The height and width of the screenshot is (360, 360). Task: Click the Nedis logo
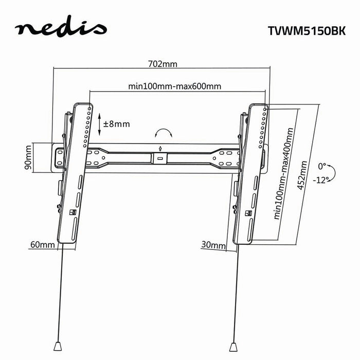pos(61,29)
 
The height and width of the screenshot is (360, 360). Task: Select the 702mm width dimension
pos(162,64)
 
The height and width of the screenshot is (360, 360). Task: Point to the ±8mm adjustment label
pos(116,124)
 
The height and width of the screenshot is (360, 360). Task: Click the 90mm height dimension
pos(29,157)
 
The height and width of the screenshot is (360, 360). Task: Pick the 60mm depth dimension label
pos(43,245)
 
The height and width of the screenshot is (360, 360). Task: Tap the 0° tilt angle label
pos(321,167)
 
